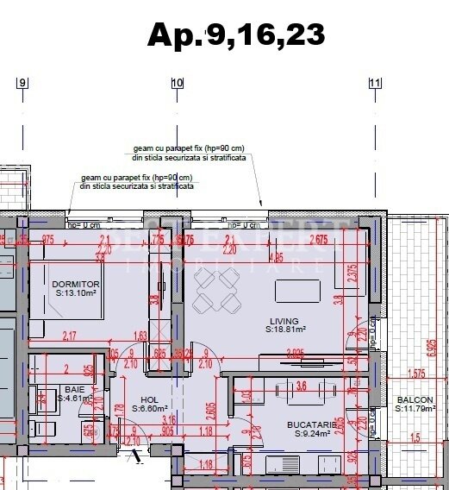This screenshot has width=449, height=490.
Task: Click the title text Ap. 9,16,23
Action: tap(236, 34)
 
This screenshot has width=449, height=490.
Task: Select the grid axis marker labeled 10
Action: tap(178, 84)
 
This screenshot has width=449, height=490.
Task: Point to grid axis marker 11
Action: tap(375, 84)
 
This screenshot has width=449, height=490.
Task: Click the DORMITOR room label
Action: tap(76, 284)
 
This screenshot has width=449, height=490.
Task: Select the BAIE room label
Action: tap(73, 389)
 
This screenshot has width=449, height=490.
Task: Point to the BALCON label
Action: tap(415, 399)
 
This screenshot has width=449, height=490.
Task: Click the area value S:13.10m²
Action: tap(77, 293)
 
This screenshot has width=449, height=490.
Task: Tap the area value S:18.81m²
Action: tap(284, 329)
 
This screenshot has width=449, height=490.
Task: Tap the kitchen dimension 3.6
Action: tap(302, 386)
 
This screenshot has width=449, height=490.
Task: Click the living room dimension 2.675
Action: tap(320, 240)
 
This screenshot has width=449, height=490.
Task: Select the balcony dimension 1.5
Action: tap(417, 438)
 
